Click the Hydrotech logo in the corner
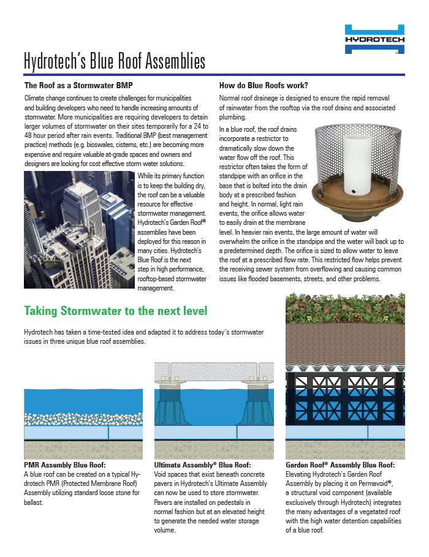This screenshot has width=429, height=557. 374,39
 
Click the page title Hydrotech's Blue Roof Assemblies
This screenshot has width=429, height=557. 114,61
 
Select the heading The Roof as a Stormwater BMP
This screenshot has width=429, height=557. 78,85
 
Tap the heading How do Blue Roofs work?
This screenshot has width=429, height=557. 264,85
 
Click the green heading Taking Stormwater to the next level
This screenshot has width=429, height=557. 115,311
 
